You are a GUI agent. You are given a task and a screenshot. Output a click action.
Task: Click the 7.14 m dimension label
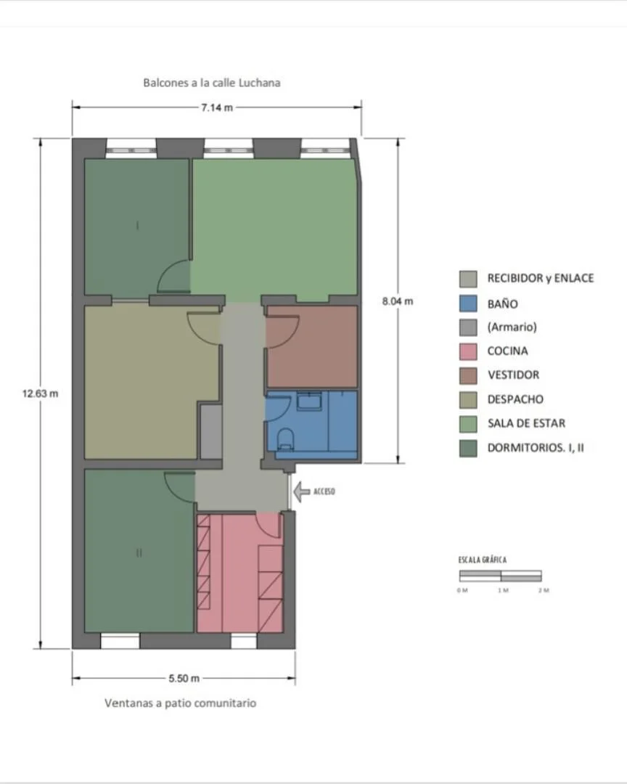[217, 107]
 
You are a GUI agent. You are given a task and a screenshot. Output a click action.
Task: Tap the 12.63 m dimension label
[40, 393]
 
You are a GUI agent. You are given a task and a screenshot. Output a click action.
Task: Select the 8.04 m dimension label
[398, 301]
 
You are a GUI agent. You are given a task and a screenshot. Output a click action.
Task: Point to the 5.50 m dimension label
[184, 679]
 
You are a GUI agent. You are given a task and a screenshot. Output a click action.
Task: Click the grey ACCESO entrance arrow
[301, 491]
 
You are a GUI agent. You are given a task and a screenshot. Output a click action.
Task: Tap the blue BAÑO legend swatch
[468, 303]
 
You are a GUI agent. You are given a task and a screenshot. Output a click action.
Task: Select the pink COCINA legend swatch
[468, 351]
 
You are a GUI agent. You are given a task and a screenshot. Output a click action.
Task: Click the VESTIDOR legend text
[514, 375]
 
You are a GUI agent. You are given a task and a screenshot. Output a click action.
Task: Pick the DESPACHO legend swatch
[468, 399]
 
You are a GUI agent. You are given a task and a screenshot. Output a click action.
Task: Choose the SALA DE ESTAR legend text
[527, 423]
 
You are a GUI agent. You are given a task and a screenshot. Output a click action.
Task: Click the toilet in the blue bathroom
[286, 438]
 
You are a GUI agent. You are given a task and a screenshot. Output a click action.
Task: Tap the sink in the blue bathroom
[309, 401]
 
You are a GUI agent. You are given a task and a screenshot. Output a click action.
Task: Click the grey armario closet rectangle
[211, 431]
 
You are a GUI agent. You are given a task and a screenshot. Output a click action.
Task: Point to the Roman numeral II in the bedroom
[139, 552]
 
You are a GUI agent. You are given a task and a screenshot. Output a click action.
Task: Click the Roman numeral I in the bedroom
[137, 226]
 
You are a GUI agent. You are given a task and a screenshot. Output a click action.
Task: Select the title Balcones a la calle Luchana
[211, 83]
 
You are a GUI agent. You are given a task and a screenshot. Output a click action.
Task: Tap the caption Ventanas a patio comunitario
[181, 703]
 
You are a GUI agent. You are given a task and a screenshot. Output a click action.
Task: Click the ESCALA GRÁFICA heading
[483, 560]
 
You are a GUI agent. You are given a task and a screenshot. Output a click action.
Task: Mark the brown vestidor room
[312, 346]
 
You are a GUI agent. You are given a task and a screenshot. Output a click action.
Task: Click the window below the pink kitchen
[244, 640]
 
